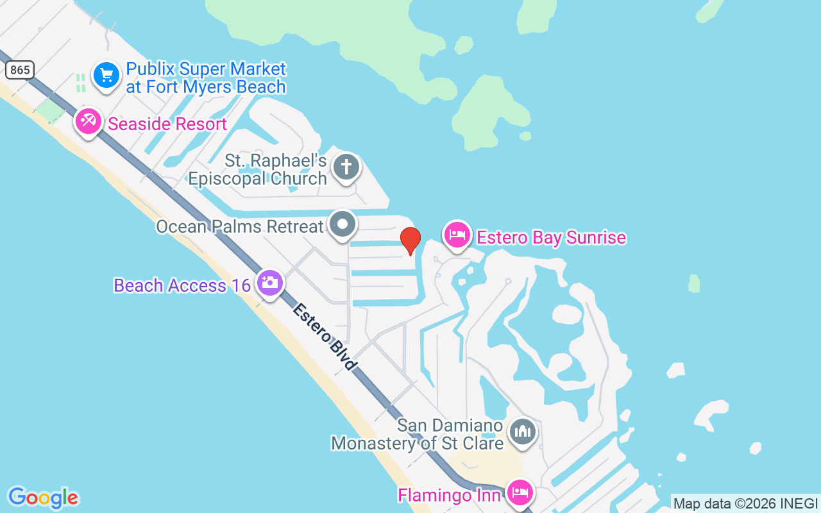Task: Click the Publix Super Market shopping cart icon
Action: pyautogui.click(x=106, y=76)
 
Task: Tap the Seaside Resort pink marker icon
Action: pyautogui.click(x=88, y=121)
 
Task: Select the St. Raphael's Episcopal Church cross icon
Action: pyautogui.click(x=346, y=167)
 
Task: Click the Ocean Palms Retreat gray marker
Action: pyautogui.click(x=343, y=224)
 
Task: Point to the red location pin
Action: pyautogui.click(x=410, y=240)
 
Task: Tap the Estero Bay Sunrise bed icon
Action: pyautogui.click(x=457, y=234)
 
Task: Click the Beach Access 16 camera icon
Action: pyautogui.click(x=269, y=282)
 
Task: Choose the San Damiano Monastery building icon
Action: pyautogui.click(x=522, y=432)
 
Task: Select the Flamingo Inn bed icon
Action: pyautogui.click(x=520, y=492)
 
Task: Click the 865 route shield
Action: pyautogui.click(x=20, y=70)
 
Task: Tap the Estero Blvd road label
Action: pyautogui.click(x=325, y=337)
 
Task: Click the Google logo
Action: pyautogui.click(x=43, y=498)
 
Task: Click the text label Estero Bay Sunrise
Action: pyautogui.click(x=551, y=238)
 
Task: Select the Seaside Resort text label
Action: pyautogui.click(x=167, y=124)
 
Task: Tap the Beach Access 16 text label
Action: pyautogui.click(x=182, y=285)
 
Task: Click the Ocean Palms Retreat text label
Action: pyautogui.click(x=241, y=226)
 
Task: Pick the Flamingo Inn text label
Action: pyautogui.click(x=449, y=495)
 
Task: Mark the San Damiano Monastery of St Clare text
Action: pyautogui.click(x=417, y=434)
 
